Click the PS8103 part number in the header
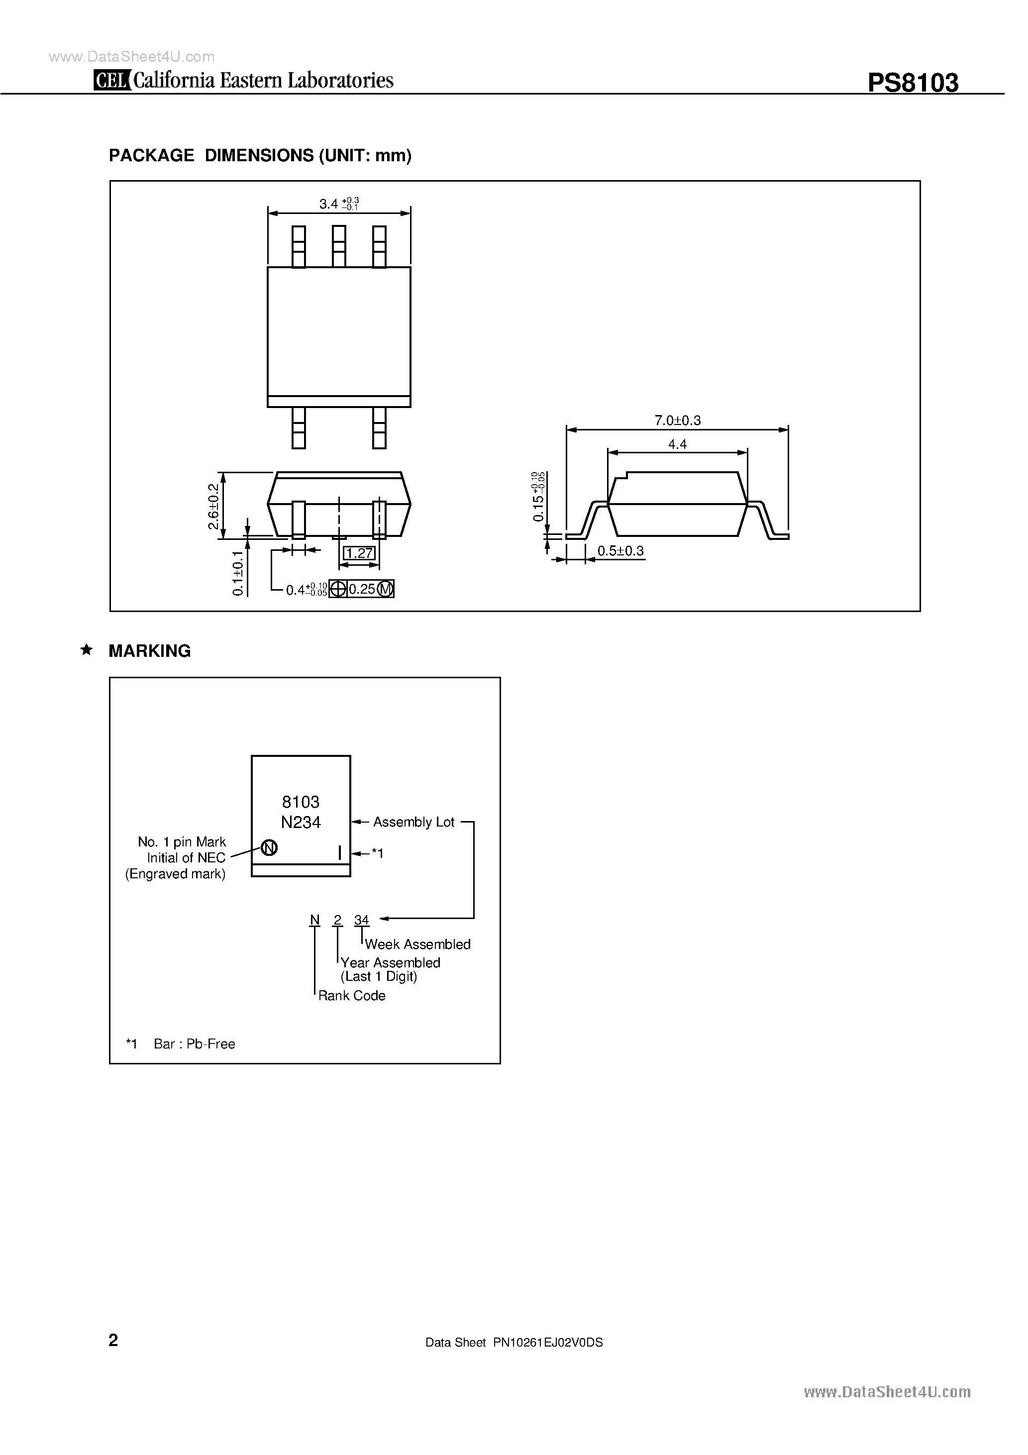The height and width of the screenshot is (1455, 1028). point(912,83)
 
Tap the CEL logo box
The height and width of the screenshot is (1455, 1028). point(112,81)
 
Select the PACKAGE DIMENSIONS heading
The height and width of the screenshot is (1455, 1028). point(260,155)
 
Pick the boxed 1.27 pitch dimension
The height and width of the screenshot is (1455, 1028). point(359,553)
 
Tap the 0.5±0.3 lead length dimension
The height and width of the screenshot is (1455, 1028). point(620,551)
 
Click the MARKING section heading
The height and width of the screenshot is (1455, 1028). point(150,651)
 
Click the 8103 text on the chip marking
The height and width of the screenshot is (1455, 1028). point(301,802)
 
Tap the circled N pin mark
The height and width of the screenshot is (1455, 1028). point(269,847)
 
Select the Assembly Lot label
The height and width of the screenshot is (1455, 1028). point(413,822)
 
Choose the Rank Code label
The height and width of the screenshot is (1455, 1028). point(352,996)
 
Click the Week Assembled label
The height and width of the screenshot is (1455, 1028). point(417,944)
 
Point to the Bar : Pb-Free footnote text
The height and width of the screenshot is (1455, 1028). point(194,1043)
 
